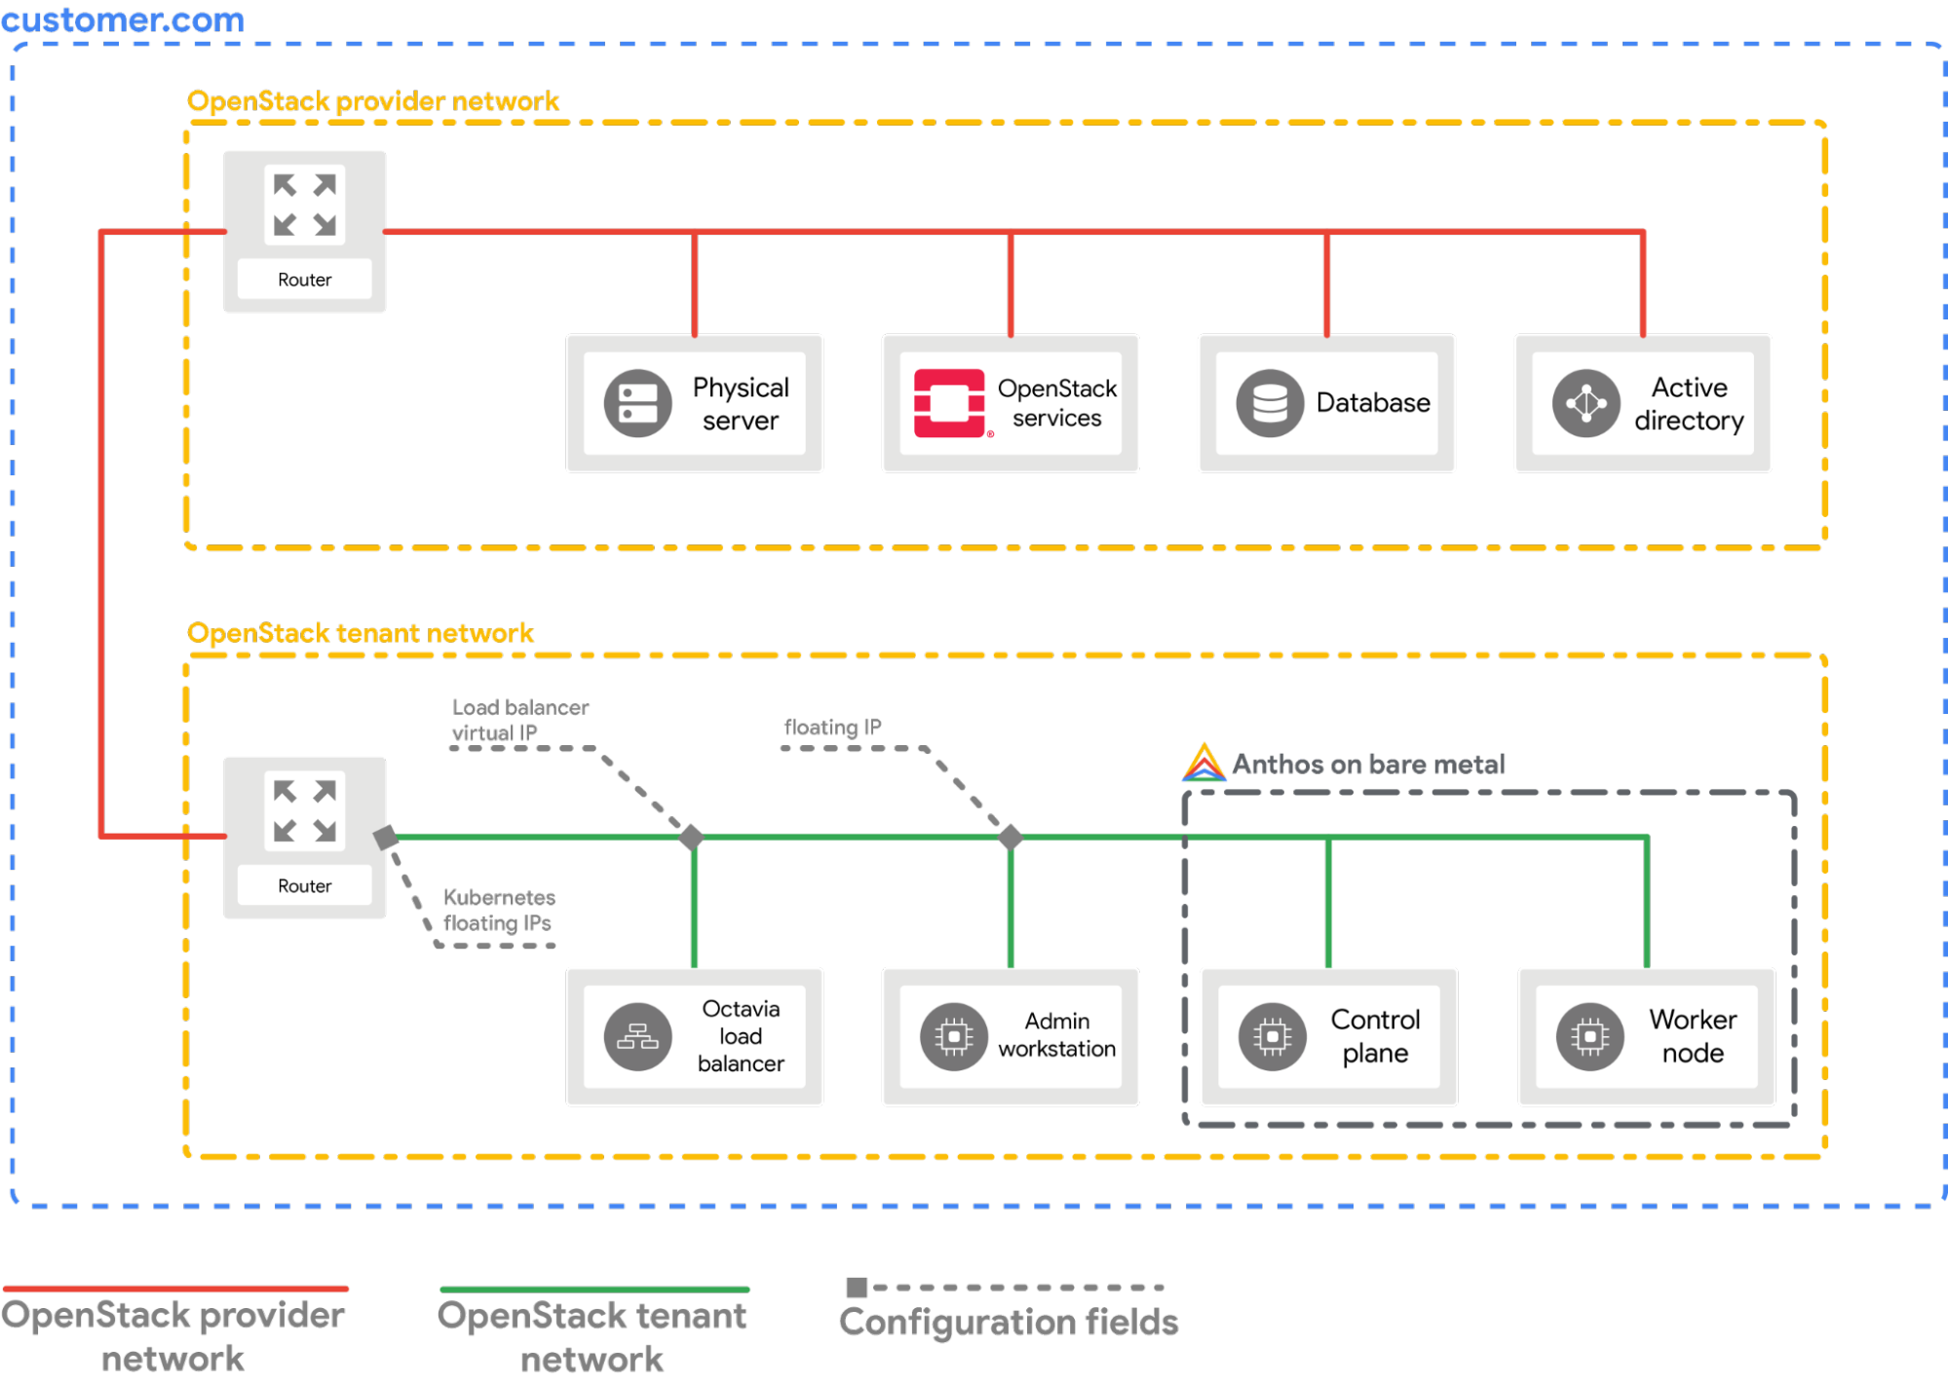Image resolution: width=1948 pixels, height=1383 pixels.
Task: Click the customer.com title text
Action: (x=122, y=20)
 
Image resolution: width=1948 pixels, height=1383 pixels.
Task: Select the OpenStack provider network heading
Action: (x=372, y=101)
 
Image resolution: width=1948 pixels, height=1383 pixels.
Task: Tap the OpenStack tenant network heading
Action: (x=361, y=633)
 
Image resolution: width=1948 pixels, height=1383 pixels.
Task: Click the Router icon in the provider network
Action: (x=304, y=206)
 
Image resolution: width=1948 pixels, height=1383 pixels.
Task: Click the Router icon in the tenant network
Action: (x=304, y=811)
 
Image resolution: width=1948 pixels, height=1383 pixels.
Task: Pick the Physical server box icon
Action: (x=637, y=403)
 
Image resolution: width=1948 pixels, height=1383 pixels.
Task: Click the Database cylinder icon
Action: (x=1269, y=403)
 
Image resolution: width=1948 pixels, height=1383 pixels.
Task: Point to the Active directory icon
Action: (x=1585, y=403)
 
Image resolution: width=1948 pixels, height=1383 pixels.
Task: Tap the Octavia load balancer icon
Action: (x=637, y=1037)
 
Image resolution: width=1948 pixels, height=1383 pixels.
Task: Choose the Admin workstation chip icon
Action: (x=953, y=1037)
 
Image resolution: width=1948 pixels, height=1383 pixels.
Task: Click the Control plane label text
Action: (x=1375, y=1036)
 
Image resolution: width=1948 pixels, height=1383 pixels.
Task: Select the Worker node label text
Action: (x=1693, y=1036)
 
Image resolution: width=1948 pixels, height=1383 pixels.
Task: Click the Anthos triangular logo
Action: (x=1203, y=764)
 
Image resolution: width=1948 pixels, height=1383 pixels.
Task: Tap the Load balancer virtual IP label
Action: (x=519, y=720)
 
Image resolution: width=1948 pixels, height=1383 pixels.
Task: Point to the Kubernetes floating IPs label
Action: (x=499, y=910)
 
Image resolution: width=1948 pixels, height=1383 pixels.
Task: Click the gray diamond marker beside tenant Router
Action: (x=386, y=837)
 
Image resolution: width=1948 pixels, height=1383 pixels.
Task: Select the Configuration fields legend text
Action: (x=1009, y=1323)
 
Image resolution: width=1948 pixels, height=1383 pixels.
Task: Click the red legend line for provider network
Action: (x=175, y=1289)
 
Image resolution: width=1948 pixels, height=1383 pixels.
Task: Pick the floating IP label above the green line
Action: (x=831, y=728)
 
